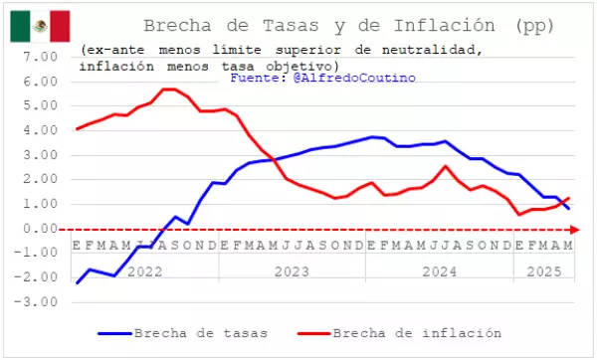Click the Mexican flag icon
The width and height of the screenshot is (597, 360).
pos(40,25)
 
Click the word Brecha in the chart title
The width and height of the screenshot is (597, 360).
pos(176,25)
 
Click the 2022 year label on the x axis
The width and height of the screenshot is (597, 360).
pos(146,270)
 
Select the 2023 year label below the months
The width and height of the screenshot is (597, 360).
pos(294,270)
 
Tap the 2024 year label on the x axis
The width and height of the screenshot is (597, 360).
pos(440,270)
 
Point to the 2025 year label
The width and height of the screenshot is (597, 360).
pos(544,270)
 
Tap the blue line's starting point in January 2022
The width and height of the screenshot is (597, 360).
pos(78,283)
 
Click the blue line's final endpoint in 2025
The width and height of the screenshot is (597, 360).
pos(569,208)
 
